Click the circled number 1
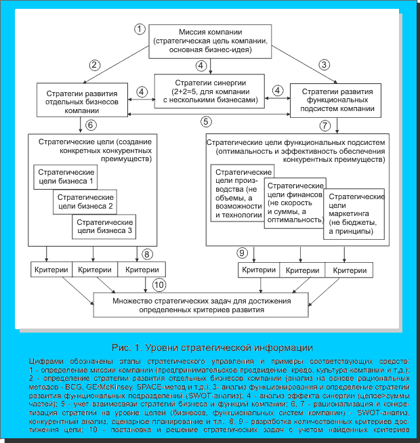point(140,28)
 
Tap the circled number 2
point(95,66)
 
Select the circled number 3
point(324,66)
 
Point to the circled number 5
point(206,122)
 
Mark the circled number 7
point(325,125)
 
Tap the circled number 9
point(241,254)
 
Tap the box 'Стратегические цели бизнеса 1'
point(66,177)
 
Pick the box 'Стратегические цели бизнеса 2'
point(85,201)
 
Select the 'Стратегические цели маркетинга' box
point(355,213)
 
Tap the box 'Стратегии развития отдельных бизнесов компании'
point(83,100)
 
